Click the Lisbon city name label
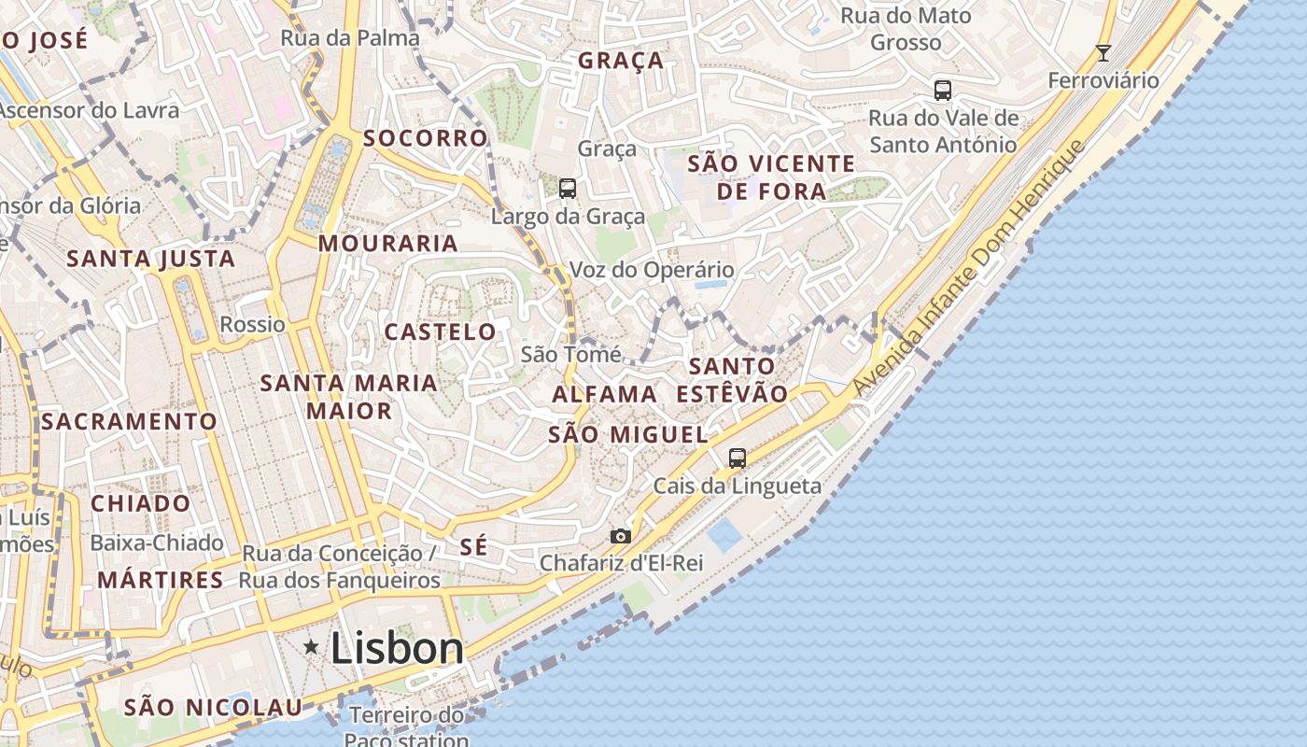click(x=397, y=648)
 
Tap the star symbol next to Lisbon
click(x=311, y=646)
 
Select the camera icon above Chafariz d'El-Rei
click(x=620, y=536)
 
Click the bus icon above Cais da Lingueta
click(x=738, y=458)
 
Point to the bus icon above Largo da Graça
click(x=568, y=189)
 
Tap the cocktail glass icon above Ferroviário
click(x=1103, y=52)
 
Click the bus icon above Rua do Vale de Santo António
click(x=943, y=91)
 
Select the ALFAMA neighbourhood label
click(x=604, y=394)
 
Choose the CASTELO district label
click(x=441, y=331)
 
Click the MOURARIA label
click(x=388, y=244)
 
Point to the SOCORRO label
click(x=426, y=138)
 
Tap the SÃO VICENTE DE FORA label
click(x=771, y=177)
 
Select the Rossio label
click(x=252, y=325)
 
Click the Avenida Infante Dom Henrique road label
click(x=971, y=268)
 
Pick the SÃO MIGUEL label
click(x=628, y=434)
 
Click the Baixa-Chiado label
click(x=157, y=543)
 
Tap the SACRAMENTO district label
click(x=129, y=421)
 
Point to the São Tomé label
click(x=570, y=355)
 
